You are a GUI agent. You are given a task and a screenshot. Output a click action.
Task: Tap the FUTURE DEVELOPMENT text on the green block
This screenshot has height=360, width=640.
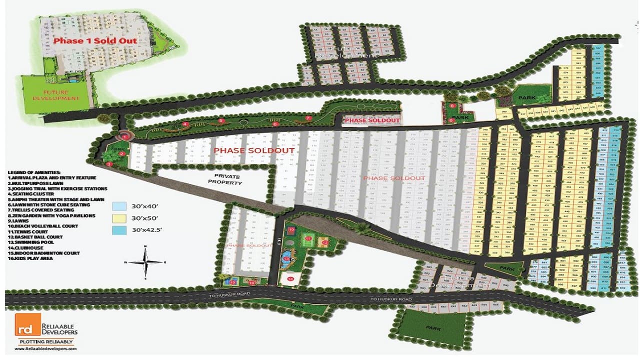tap(60, 95)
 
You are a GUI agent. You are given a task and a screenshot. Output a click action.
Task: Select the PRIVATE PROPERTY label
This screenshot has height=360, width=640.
tap(227, 179)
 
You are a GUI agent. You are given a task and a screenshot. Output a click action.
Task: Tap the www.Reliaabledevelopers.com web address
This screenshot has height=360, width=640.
tap(45, 349)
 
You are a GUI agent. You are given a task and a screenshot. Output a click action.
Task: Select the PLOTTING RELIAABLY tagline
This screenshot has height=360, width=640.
tap(45, 341)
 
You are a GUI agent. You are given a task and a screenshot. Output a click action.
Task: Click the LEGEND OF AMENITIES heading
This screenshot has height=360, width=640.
tap(34, 172)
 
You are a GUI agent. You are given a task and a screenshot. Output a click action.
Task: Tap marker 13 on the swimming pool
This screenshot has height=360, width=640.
tap(286, 259)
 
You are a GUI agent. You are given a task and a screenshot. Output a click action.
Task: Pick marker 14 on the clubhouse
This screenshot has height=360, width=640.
tap(291, 278)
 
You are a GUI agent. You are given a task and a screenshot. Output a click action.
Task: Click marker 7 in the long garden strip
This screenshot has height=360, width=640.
tap(308, 118)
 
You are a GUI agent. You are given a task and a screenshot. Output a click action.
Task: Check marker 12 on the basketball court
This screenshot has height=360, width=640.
tap(324, 242)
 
